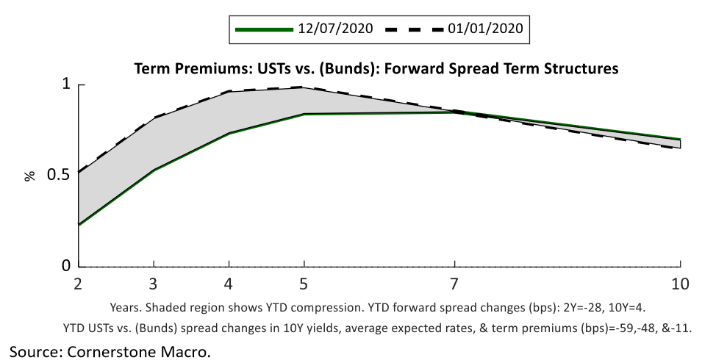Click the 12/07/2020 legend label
click(335, 29)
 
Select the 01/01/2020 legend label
click(486, 29)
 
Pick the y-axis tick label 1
click(64, 84)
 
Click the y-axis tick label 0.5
click(58, 175)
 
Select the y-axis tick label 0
click(64, 265)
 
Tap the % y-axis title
click(30, 175)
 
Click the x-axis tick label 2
click(77, 284)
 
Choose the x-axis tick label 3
click(153, 284)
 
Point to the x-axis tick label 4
click(229, 284)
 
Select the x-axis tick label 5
click(304, 284)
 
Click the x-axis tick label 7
click(455, 284)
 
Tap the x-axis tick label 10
click(680, 284)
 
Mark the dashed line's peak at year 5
click(304, 87)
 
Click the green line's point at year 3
click(153, 170)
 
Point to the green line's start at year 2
click(79, 224)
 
